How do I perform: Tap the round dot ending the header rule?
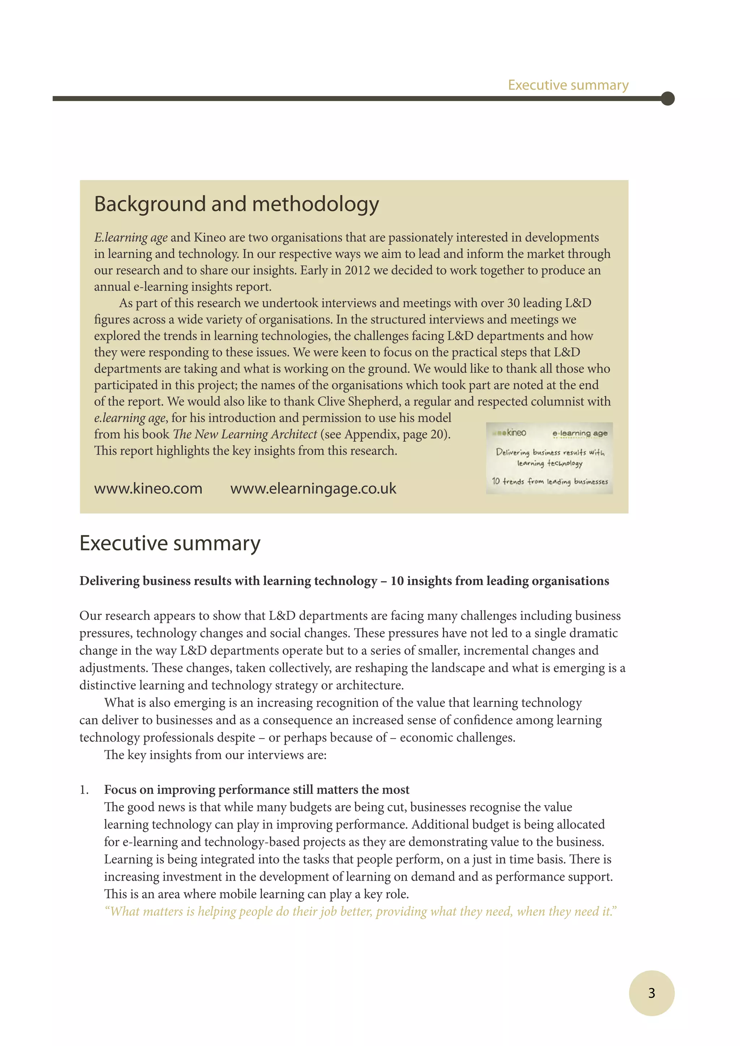tap(667, 98)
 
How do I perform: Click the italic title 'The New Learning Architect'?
tap(245, 434)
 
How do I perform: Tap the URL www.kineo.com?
tap(148, 488)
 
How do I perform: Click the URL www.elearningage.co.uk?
tap(313, 488)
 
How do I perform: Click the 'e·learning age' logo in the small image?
tap(580, 433)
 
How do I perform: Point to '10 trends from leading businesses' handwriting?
tap(550, 481)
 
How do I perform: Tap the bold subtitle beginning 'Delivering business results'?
tap(344, 581)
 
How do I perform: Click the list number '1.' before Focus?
tap(84, 790)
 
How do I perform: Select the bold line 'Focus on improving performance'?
tap(257, 790)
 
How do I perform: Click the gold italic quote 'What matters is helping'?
tap(360, 912)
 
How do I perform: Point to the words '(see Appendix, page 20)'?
tap(385, 434)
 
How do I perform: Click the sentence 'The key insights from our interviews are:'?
tap(215, 755)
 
